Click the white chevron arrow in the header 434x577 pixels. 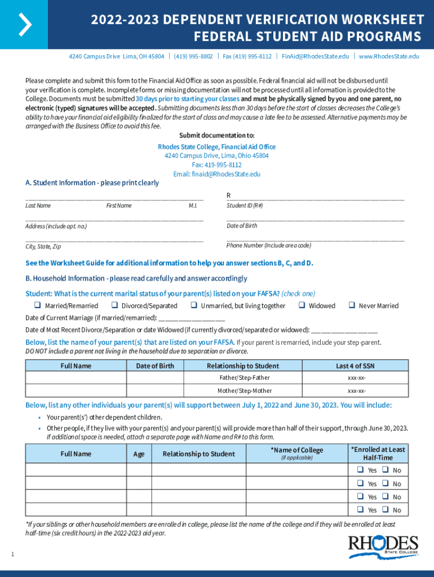[x=24, y=24]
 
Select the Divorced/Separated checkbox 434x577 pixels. [x=114, y=305]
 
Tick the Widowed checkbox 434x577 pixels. [x=302, y=305]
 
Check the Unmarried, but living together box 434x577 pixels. [x=193, y=305]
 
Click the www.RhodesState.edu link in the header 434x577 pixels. [x=389, y=56]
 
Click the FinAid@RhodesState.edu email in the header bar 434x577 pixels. [x=315, y=56]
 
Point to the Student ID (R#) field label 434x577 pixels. [x=245, y=206]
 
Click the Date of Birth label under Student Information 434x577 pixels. [x=242, y=226]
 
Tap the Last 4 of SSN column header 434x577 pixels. [x=355, y=366]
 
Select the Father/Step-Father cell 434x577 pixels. [x=245, y=378]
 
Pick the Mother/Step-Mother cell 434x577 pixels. [x=245, y=390]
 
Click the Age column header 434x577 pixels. [x=139, y=454]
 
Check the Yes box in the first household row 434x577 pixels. [x=360, y=470]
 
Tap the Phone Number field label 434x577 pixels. [x=268, y=246]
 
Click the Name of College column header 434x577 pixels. [x=296, y=450]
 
